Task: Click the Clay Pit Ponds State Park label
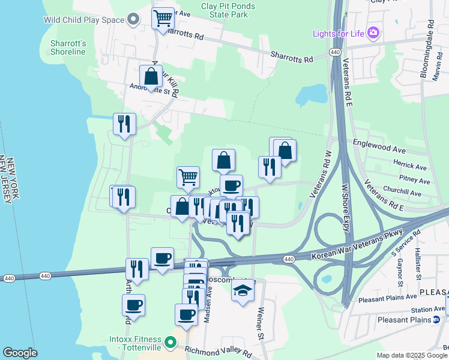[x=228, y=10]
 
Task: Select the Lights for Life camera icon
[x=373, y=32]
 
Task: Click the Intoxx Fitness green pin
[x=170, y=343]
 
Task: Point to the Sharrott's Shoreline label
[x=69, y=47]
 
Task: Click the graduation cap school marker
[x=242, y=291]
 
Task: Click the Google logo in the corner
[x=20, y=353]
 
